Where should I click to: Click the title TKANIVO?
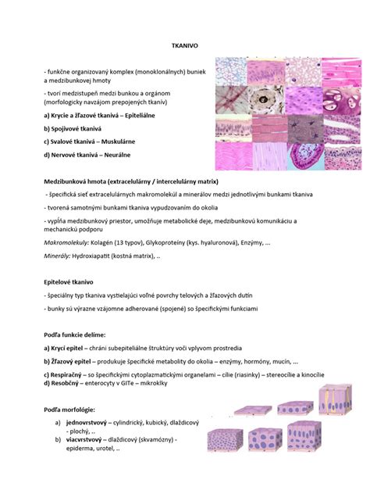tap(184, 47)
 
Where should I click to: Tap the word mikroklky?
tap(175, 384)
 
